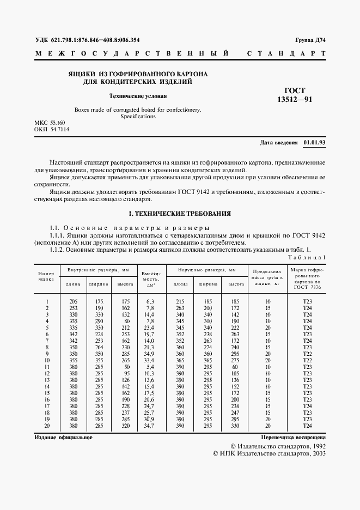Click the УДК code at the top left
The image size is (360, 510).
87,40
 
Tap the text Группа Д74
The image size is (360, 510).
310,40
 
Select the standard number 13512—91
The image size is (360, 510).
295,100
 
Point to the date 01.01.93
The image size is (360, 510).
314,143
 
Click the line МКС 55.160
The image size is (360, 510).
50,124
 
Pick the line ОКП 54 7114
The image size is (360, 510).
51,130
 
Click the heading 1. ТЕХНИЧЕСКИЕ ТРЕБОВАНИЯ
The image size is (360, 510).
180,214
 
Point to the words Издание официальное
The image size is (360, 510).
63,437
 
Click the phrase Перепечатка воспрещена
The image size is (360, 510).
293,437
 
